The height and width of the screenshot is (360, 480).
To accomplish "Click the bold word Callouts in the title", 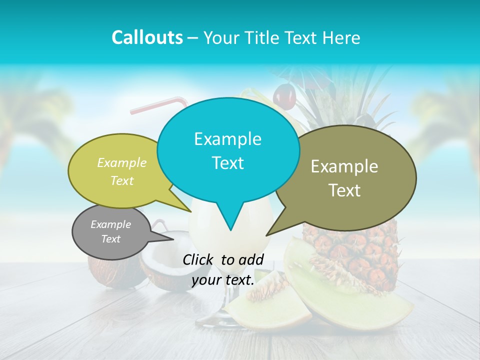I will [x=147, y=37].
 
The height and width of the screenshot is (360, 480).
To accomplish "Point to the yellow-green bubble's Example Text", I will [x=122, y=171].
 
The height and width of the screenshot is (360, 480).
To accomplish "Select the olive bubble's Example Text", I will [x=344, y=178].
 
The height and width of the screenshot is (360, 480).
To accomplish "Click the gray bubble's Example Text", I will [x=111, y=231].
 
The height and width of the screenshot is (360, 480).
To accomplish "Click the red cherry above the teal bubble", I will [x=284, y=96].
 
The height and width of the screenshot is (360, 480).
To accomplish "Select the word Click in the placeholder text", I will [x=198, y=259].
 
